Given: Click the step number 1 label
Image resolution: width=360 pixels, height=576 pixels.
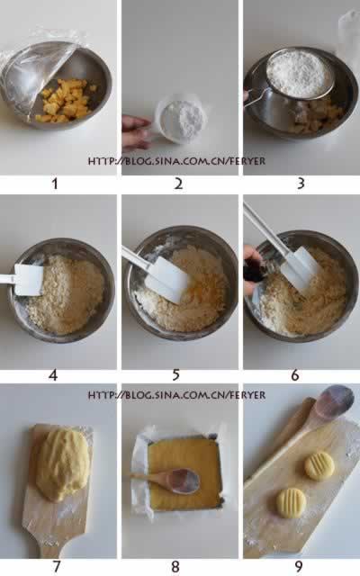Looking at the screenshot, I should (55, 184).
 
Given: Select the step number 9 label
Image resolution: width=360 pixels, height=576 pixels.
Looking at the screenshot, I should (301, 566).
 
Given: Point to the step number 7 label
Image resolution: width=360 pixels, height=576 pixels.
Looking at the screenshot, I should (56, 566).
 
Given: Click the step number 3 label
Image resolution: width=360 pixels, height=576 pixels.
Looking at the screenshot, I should (301, 184).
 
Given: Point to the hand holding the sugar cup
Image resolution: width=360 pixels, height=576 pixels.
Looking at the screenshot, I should (136, 131).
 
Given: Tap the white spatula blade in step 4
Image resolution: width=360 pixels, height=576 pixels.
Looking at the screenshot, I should (28, 279).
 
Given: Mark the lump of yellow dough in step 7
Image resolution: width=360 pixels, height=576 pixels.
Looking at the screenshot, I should (61, 463).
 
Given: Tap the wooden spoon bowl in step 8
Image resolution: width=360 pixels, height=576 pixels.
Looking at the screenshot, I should (184, 480).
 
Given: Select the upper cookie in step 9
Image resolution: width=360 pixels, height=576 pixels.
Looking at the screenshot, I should (318, 465).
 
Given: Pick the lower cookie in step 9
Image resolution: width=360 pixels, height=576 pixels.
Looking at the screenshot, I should (291, 501).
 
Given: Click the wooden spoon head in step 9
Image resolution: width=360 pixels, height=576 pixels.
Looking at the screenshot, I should (334, 401).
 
